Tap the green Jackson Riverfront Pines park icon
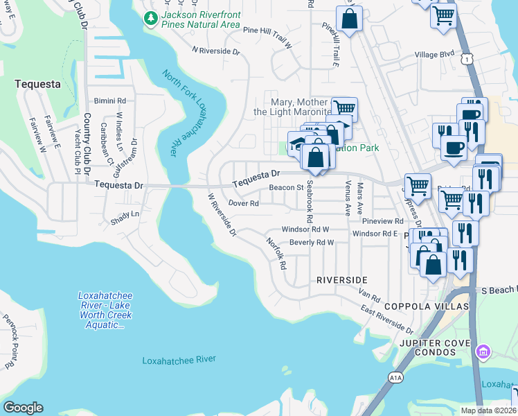pos(151,19)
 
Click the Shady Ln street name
pos(125,215)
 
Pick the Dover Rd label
pos(243,203)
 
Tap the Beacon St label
pos(286,187)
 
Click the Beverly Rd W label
pos(312,243)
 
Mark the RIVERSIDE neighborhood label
pos(341,279)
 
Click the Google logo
pos(24,408)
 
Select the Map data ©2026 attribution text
pos(488,410)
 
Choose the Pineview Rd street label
pos(378,220)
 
